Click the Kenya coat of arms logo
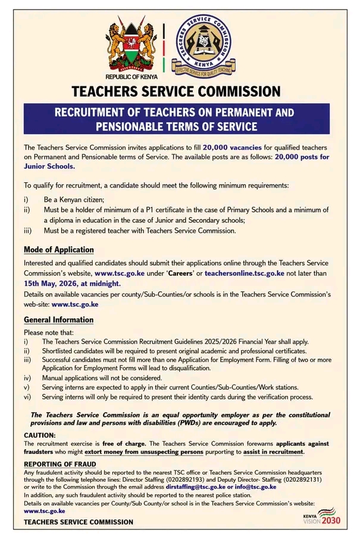click(x=130, y=46)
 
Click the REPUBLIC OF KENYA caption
click(x=130, y=78)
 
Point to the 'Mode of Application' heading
click(x=58, y=250)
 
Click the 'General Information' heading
click(x=58, y=320)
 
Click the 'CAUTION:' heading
click(x=40, y=435)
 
